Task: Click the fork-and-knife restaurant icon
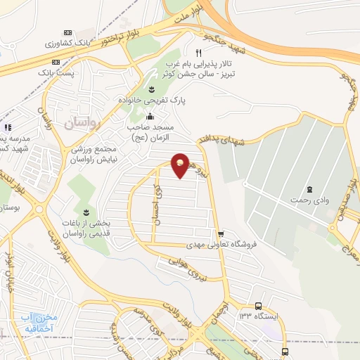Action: point(199,53)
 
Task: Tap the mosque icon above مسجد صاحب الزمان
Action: point(149,117)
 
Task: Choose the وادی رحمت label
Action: point(309,200)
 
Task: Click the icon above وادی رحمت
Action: point(309,189)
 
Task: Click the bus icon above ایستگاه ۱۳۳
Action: point(259,306)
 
